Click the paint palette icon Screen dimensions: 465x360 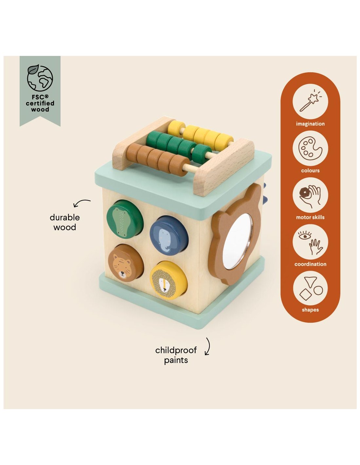click(x=310, y=148)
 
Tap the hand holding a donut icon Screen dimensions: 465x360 click(x=310, y=195)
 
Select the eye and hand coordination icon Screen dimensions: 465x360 click(x=310, y=242)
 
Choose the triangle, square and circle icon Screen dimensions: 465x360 click(x=310, y=289)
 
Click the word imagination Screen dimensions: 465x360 click(x=310, y=124)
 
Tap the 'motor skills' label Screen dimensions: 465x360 click(x=310, y=217)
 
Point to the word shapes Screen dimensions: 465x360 click(x=310, y=310)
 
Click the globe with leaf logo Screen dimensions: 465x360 click(x=40, y=78)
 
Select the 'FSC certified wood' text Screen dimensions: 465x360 click(x=40, y=103)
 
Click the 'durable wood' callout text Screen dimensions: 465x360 click(x=65, y=222)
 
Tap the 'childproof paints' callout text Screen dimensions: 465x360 click(x=176, y=355)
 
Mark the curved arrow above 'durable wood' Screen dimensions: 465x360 click(x=81, y=203)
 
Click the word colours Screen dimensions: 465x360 click(x=310, y=171)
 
